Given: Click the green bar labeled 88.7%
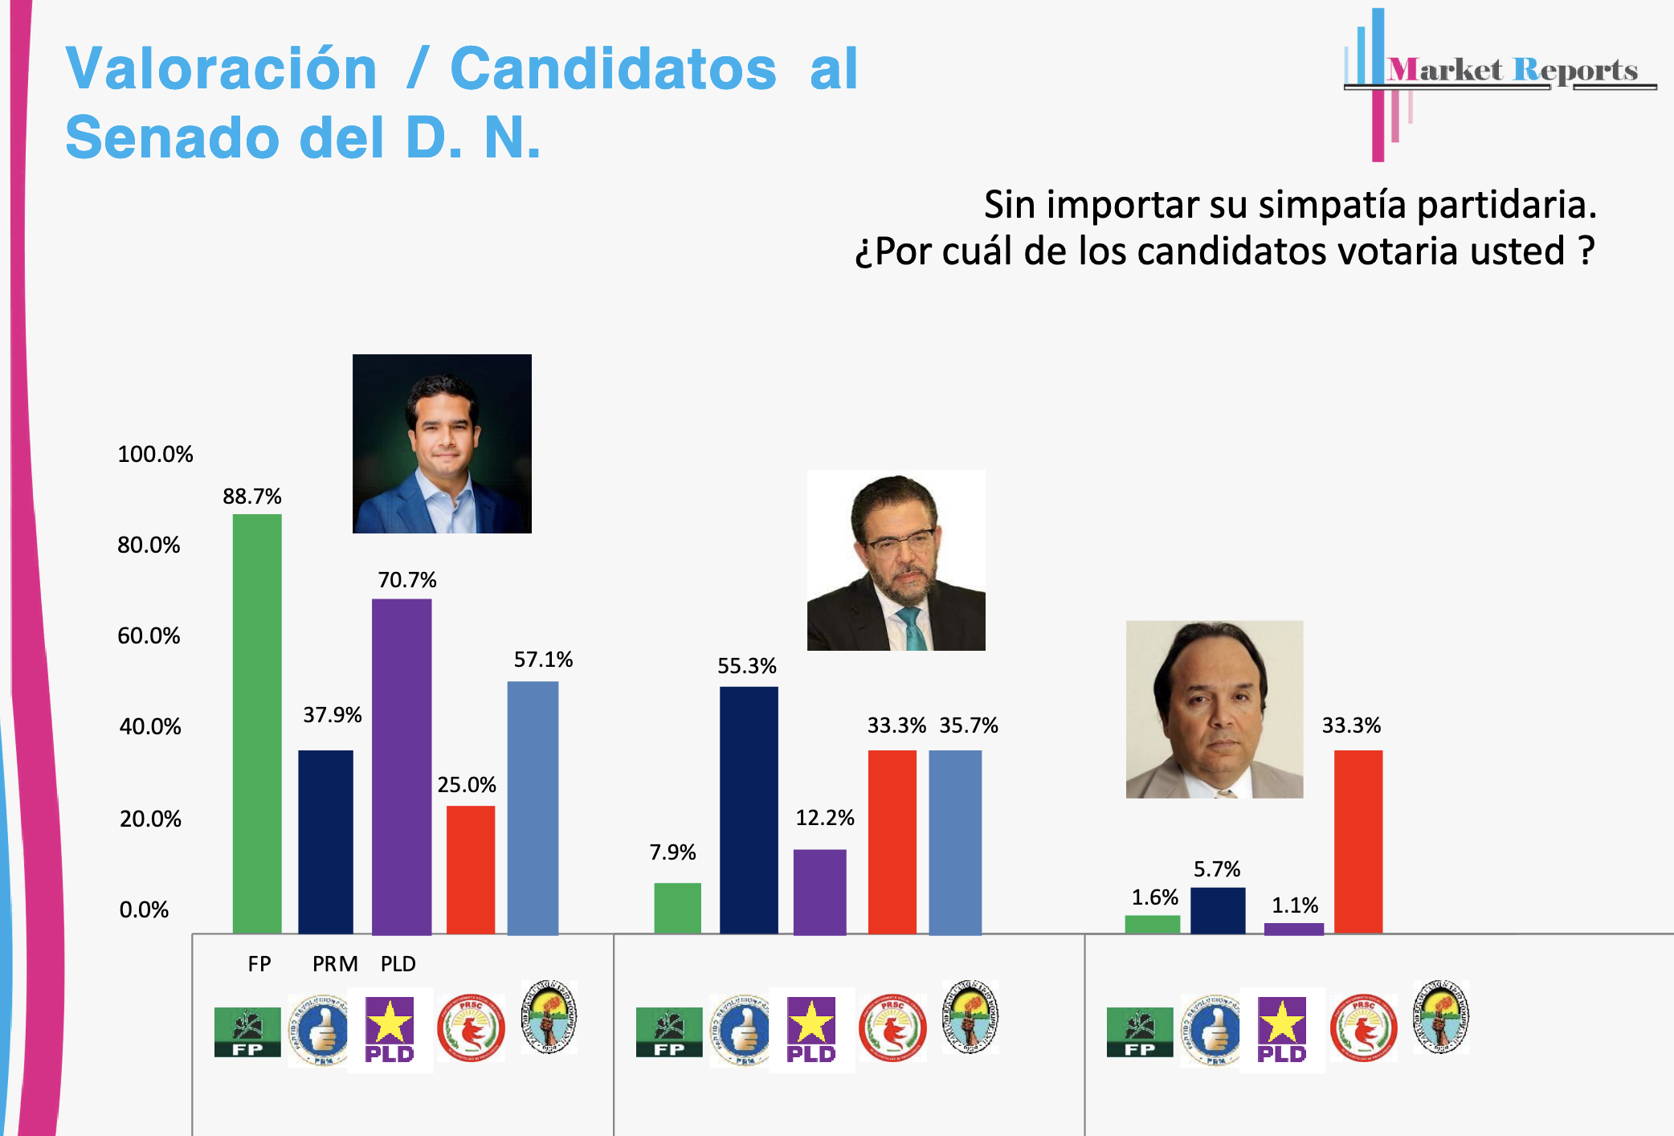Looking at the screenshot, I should coord(257,723).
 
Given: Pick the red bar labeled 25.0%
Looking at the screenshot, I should coord(471,869).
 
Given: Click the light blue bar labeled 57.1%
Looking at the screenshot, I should coord(533,807).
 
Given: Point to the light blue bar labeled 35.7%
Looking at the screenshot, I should coord(955,842).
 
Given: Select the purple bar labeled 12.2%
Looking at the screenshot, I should coord(819,891).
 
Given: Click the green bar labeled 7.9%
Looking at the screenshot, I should coord(677,908).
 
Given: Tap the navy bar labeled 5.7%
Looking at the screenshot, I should coord(1218,910).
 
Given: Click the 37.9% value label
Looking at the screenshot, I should coord(332,715).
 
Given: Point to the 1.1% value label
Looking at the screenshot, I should coord(1295,905).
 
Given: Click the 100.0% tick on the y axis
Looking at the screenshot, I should coord(155,454).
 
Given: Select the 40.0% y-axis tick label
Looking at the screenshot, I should coord(150,726).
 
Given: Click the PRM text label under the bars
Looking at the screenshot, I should coord(335,963).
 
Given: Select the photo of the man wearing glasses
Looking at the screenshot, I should coord(896,560).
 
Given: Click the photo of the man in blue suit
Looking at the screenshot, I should coord(442,443).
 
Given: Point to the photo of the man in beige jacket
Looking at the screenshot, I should coord(1214,709).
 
